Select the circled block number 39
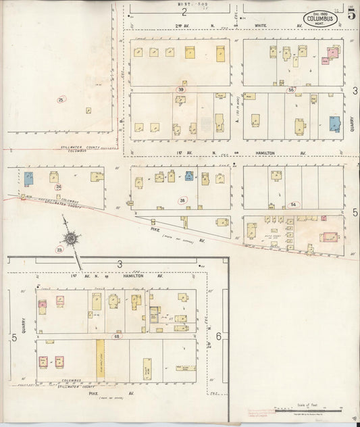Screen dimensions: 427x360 click(x=180, y=89)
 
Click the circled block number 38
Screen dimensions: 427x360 click(x=182, y=201)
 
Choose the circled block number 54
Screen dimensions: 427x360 click(x=292, y=204)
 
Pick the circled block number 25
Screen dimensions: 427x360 click(x=61, y=100)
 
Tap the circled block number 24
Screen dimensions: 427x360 click(x=59, y=187)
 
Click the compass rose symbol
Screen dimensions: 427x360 click(x=70, y=238)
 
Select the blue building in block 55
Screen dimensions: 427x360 click(x=334, y=124)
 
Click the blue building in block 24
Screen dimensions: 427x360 click(x=29, y=178)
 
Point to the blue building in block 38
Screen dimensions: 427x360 click(x=190, y=176)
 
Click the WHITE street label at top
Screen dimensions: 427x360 click(x=260, y=26)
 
